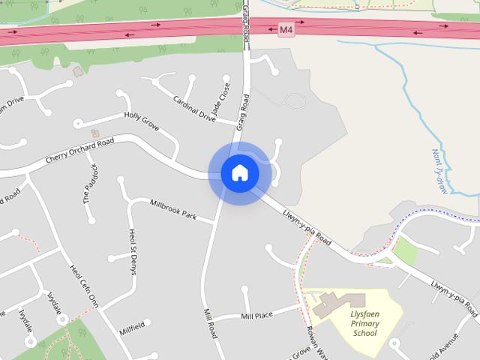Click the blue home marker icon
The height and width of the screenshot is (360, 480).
[239, 173]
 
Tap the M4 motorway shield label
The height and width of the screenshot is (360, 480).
[286, 30]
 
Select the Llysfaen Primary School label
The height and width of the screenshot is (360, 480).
[365, 324]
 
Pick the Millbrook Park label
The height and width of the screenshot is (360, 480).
[172, 210]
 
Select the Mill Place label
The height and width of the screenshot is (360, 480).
[256, 316]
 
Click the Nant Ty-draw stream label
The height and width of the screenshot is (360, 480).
[439, 171]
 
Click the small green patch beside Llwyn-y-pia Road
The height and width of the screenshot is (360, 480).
[405, 250]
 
